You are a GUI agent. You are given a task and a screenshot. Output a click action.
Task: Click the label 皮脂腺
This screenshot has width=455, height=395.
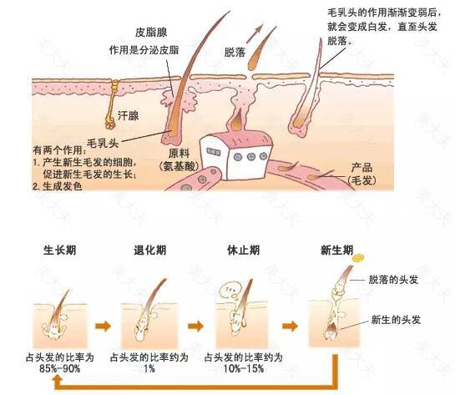tap(151, 33)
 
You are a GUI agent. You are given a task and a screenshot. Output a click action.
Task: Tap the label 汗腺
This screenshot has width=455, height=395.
tap(128, 116)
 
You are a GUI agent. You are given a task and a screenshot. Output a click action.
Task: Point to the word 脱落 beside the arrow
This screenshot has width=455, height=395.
tap(235, 53)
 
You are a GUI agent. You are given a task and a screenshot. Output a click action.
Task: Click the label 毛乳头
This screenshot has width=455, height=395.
tap(103, 143)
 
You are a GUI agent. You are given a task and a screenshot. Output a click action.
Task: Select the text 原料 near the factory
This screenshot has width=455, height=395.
tap(179, 154)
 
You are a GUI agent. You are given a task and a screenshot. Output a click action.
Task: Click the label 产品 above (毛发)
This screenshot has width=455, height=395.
tap(361, 168)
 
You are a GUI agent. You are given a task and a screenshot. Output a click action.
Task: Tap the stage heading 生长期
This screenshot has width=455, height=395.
tap(60, 250)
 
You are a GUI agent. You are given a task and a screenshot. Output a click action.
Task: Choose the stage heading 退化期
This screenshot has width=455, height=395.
tap(150, 250)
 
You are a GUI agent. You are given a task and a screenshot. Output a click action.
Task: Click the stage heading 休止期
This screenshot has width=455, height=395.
tap(243, 250)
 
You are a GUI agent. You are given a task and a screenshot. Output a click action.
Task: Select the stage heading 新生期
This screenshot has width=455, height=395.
tap(337, 250)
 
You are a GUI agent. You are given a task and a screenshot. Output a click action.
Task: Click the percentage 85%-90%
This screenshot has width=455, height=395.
tap(60, 368)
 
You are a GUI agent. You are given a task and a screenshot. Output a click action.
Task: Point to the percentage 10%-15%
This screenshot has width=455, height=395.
tap(244, 368)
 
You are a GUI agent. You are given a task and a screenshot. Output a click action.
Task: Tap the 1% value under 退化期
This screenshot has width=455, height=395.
tap(149, 368)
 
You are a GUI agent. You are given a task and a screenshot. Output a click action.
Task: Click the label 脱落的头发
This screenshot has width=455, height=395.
tap(393, 280)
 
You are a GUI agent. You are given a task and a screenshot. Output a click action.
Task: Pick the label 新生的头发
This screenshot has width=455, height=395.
tap(396, 320)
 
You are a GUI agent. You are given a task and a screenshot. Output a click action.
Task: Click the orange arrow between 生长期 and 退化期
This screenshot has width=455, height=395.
tap(103, 326)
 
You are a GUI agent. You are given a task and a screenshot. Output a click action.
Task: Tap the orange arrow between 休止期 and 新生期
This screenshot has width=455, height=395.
tap(290, 326)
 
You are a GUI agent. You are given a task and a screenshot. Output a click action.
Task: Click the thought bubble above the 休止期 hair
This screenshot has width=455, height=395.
tap(230, 291)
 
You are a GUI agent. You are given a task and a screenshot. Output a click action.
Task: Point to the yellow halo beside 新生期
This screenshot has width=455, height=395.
tap(358, 258)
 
